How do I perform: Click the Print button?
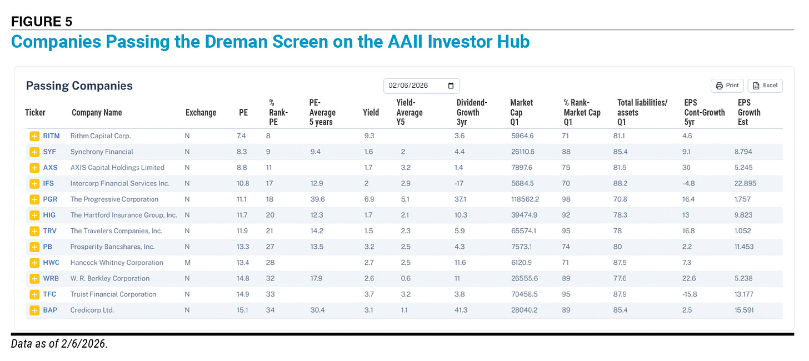click(727, 86)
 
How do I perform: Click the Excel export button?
click(765, 86)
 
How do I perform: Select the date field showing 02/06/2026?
click(421, 86)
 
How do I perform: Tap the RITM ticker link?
click(51, 136)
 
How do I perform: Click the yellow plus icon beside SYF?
click(34, 152)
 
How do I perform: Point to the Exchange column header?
click(201, 113)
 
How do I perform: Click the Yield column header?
click(371, 113)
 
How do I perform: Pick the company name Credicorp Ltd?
click(92, 310)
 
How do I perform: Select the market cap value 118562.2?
click(528, 199)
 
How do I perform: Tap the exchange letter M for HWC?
click(187, 263)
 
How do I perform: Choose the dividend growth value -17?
click(461, 183)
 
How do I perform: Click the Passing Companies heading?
click(79, 86)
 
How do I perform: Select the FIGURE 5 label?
click(42, 22)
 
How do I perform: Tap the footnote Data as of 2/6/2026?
click(59, 344)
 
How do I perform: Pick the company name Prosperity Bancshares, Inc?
click(112, 247)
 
